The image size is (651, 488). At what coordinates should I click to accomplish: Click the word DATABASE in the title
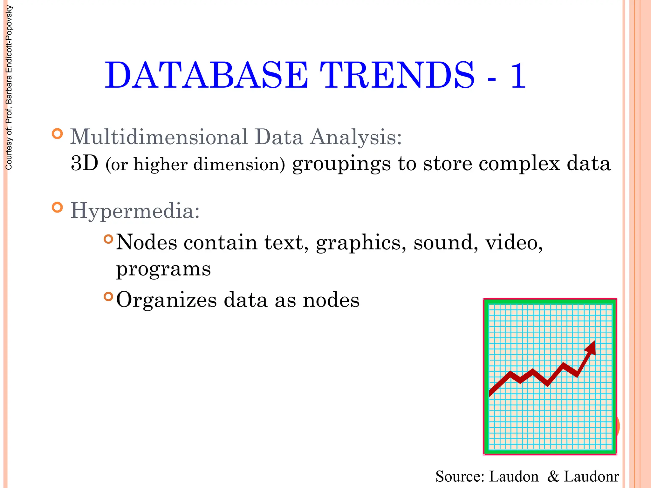coord(207,76)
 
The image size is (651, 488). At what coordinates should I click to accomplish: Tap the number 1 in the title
coord(517,76)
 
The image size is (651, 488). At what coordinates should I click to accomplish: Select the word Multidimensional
coord(159,137)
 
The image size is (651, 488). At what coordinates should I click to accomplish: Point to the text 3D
coord(84,164)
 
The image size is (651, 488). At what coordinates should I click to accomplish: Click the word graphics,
coord(361,243)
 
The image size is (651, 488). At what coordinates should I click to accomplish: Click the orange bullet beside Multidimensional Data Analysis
coord(57,133)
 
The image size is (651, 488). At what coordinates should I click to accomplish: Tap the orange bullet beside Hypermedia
coord(57,207)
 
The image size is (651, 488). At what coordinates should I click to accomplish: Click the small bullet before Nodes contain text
coord(108,239)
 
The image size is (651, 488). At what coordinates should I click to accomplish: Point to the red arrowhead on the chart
coord(591,348)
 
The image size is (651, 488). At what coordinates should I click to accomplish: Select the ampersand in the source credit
coord(553,477)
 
